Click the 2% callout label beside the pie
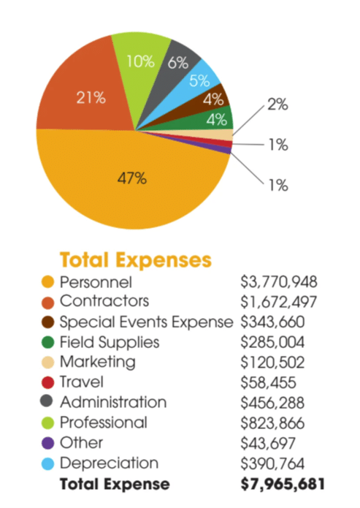click(x=277, y=105)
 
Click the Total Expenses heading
click(x=135, y=259)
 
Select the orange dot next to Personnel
click(x=49, y=281)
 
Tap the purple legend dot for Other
click(x=49, y=444)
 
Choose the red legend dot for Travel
click(x=49, y=382)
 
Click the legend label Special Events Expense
click(x=146, y=322)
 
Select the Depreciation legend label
click(x=109, y=463)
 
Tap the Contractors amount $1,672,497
click(x=279, y=302)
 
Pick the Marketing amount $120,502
click(x=275, y=363)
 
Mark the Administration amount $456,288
click(x=275, y=403)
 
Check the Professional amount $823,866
click(x=275, y=423)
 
